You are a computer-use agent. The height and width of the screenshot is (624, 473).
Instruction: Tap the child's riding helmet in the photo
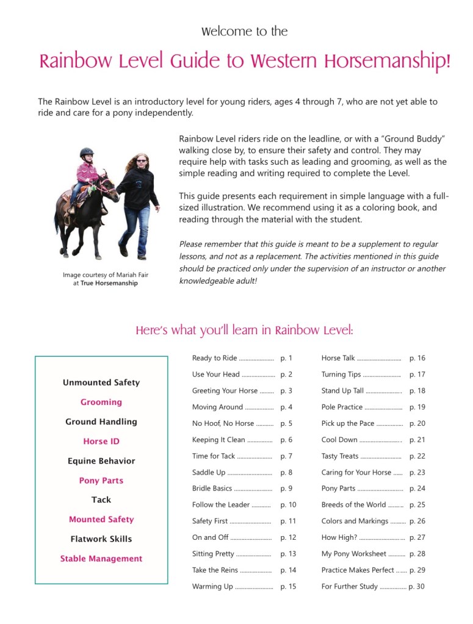(x=87, y=152)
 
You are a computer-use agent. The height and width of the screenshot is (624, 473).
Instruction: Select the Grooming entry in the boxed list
(x=101, y=402)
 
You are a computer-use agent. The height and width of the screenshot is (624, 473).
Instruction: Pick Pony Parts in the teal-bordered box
(x=101, y=481)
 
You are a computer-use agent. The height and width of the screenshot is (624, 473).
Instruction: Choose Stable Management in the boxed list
(x=101, y=559)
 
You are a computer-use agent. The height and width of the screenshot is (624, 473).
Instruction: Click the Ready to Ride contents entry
(x=214, y=358)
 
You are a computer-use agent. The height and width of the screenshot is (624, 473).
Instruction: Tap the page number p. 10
(x=288, y=505)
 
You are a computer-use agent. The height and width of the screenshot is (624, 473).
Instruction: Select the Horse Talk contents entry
(x=338, y=358)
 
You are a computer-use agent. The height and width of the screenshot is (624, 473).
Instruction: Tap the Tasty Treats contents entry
(x=341, y=456)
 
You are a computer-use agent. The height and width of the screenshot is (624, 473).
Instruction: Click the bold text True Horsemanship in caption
(x=109, y=283)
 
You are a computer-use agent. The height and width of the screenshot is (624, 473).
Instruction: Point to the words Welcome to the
(x=244, y=31)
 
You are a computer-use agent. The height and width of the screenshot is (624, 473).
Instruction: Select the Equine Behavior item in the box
(x=101, y=461)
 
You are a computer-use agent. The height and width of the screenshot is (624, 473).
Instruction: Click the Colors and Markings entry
(x=355, y=522)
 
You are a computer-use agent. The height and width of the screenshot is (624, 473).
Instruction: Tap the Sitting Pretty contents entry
(x=213, y=554)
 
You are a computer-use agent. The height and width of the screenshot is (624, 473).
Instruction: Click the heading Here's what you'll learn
(x=244, y=331)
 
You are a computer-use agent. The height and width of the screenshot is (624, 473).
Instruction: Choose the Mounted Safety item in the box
(x=101, y=520)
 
